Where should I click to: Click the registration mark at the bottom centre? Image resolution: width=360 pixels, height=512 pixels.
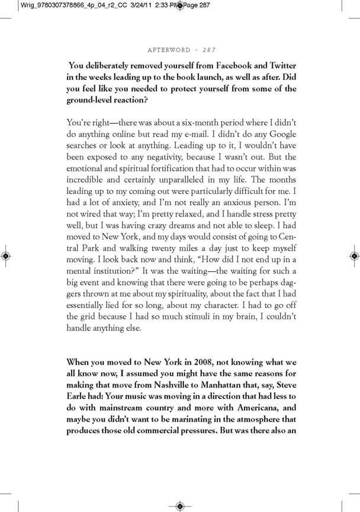tap(180, 505)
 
